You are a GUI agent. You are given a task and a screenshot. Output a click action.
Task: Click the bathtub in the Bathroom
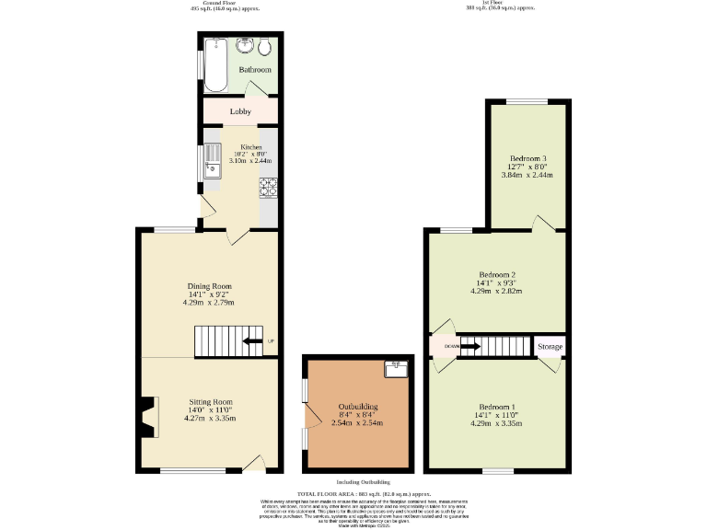point(217,64)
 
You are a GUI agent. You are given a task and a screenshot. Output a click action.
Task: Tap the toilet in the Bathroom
point(265,48)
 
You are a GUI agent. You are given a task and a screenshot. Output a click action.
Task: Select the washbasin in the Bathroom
point(246,46)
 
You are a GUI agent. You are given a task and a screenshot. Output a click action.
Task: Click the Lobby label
point(240,112)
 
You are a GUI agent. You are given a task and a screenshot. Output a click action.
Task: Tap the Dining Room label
point(209,286)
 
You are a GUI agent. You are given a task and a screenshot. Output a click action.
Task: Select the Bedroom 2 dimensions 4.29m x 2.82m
point(496,291)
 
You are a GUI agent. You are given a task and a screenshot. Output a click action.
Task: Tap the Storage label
point(551,347)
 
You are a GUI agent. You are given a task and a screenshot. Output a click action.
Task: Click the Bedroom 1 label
point(496,407)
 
